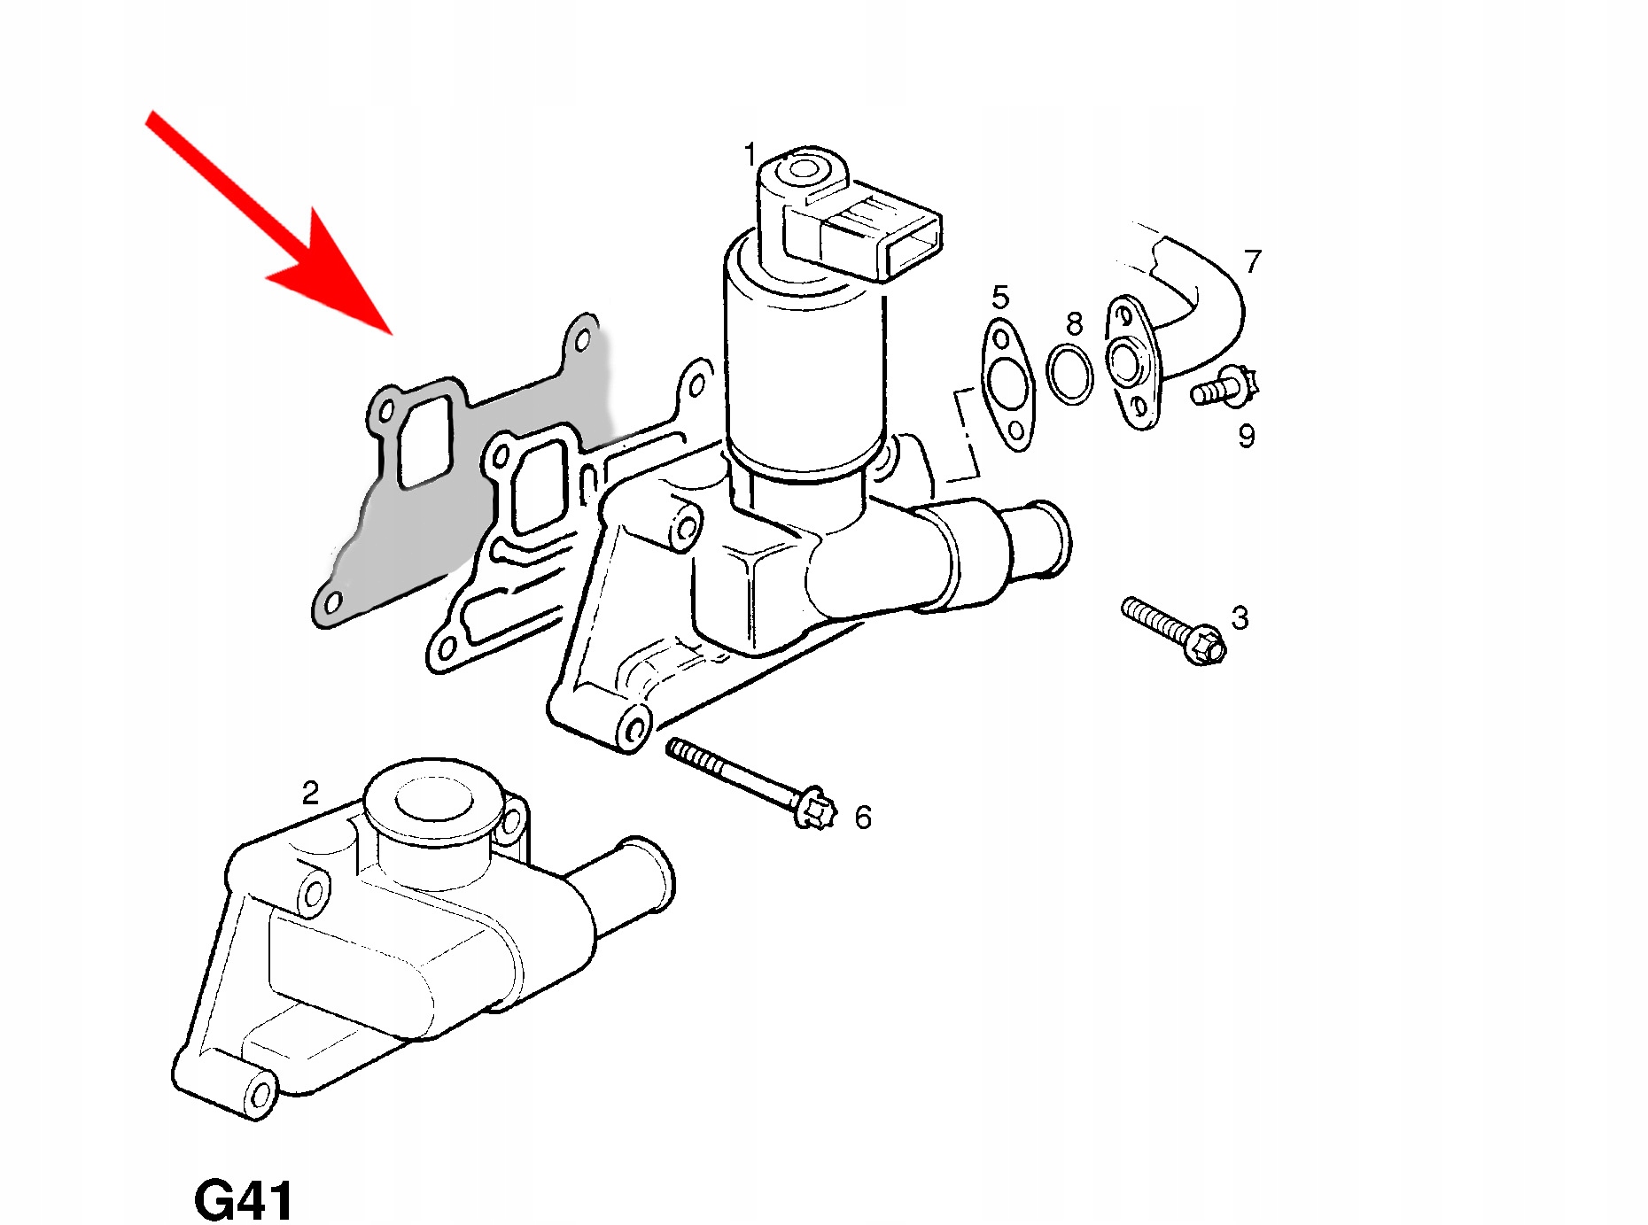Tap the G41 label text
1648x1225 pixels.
tap(243, 1200)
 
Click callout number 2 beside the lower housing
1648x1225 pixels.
tap(310, 792)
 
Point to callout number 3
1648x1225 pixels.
tap(1240, 617)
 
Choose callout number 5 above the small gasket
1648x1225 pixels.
tap(1000, 297)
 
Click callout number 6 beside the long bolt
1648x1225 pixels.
tap(863, 817)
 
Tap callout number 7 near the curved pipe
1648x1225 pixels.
tap(1253, 261)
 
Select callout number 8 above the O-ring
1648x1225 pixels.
tap(1074, 323)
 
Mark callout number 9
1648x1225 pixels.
tap(1247, 436)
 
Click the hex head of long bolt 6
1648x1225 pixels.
tap(812, 808)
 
